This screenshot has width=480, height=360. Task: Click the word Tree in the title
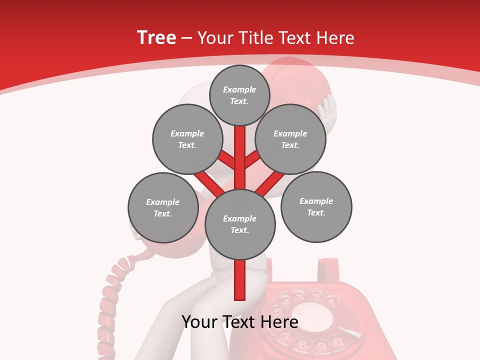click(156, 38)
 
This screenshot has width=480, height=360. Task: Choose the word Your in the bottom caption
click(199, 322)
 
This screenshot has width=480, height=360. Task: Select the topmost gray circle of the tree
click(239, 95)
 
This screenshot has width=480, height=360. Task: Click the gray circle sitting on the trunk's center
click(240, 224)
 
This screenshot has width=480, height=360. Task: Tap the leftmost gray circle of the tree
click(163, 207)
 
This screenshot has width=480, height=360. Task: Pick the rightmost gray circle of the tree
click(316, 206)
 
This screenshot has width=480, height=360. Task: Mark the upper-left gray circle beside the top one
click(187, 139)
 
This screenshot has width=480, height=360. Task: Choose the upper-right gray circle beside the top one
click(290, 139)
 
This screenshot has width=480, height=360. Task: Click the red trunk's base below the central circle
click(240, 282)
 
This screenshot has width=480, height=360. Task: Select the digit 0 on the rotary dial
click(337, 342)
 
